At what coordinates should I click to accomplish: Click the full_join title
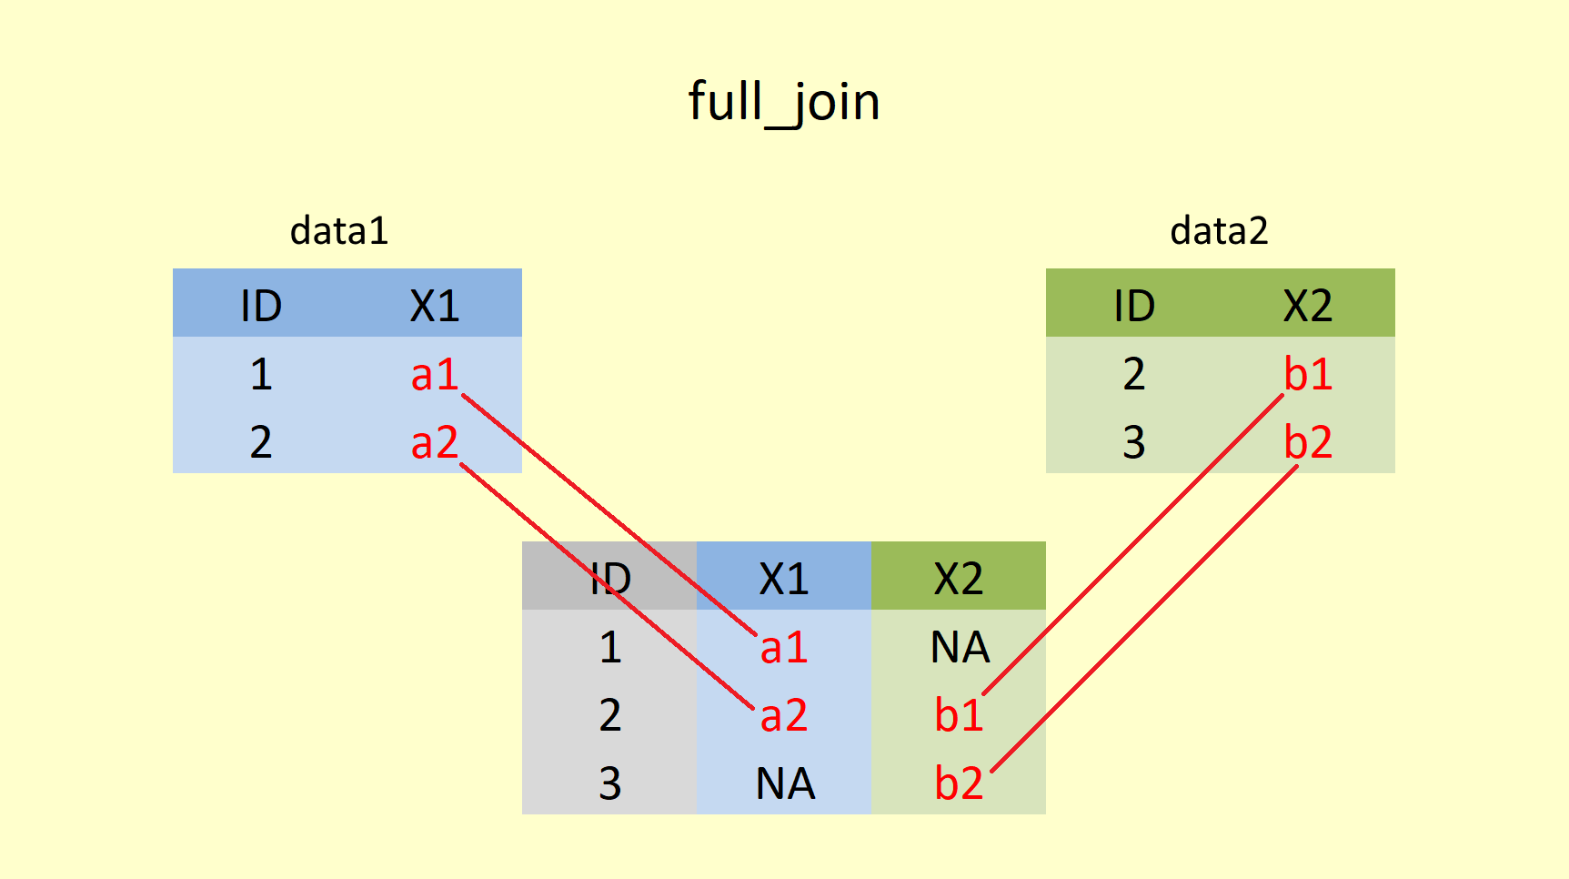(784, 101)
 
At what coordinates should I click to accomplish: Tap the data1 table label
(339, 231)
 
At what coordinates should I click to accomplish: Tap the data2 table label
(1219, 231)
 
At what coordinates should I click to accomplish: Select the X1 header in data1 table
(435, 306)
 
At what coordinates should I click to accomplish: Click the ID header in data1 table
(261, 306)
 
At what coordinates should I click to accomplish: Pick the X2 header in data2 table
(1308, 306)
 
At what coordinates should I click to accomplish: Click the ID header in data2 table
(1134, 306)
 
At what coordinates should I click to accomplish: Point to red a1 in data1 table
(435, 374)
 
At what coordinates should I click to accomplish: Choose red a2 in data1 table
(435, 442)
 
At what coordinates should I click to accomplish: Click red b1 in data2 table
(1308, 374)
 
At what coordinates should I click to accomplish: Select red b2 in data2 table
(1308, 442)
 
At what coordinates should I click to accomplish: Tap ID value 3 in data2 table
(1133, 442)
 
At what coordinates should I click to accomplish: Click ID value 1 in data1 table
(261, 374)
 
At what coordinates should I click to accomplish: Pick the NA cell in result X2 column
(960, 648)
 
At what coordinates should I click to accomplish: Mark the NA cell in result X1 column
(785, 784)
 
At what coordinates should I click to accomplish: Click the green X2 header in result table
(959, 579)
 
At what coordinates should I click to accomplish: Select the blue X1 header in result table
(784, 579)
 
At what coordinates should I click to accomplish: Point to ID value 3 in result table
(609, 784)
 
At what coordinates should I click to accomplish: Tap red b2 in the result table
(959, 783)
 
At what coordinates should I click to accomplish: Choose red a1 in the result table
(784, 648)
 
